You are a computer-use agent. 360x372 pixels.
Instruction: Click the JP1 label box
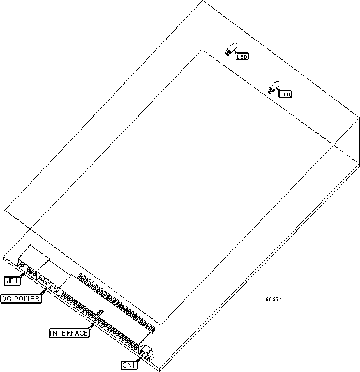[12, 281]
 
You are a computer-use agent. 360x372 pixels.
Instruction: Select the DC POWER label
[21, 299]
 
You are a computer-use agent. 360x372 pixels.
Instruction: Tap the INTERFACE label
[69, 333]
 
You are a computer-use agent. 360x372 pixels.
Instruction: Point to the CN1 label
[129, 365]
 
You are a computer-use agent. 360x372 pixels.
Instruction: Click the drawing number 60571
[274, 299]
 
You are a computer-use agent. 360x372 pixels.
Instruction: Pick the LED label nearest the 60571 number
[285, 94]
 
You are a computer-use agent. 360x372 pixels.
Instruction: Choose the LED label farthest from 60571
[242, 57]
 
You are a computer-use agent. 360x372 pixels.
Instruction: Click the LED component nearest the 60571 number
[274, 87]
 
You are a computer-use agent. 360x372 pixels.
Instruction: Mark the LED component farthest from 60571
[231, 49]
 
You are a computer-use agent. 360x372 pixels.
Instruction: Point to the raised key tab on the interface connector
[100, 316]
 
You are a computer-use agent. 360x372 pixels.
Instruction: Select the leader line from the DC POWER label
[43, 292]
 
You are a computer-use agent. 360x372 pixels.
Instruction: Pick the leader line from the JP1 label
[22, 275]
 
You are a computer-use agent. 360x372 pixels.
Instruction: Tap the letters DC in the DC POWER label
[6, 299]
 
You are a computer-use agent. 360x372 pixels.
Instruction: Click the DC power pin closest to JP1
[41, 278]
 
